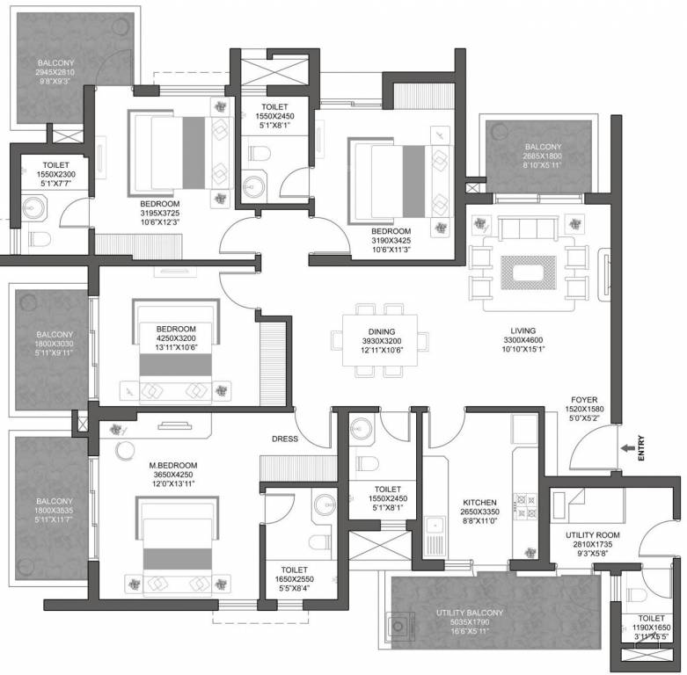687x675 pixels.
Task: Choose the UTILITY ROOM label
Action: [592, 534]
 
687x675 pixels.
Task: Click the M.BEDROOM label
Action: [172, 465]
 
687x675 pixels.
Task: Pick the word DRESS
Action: [284, 439]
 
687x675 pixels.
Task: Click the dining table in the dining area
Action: [380, 338]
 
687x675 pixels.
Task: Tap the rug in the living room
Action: [528, 272]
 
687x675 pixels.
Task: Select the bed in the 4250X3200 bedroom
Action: [176, 352]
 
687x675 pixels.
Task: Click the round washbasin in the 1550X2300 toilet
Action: [34, 208]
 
